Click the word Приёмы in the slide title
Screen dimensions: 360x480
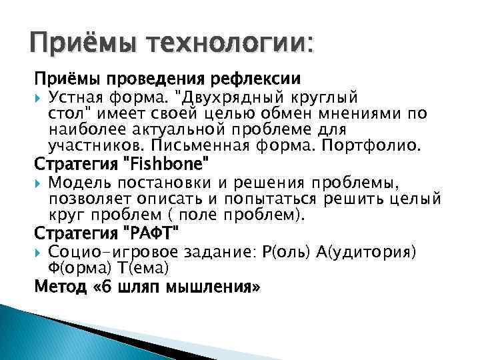point(74,45)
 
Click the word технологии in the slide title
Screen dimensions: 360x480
point(220,45)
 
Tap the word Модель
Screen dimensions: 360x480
point(76,183)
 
